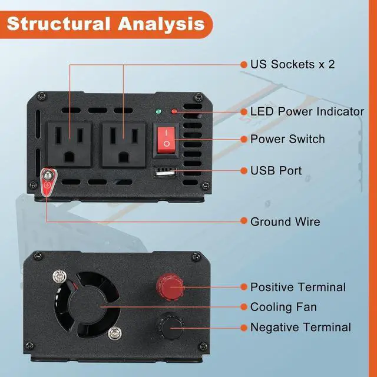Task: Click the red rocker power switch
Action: pyautogui.click(x=167, y=139)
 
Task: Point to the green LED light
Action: pyautogui.click(x=158, y=111)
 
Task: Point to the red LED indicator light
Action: pyautogui.click(x=174, y=111)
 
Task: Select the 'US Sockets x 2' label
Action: pyautogui.click(x=292, y=64)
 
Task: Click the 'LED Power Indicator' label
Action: pyautogui.click(x=307, y=111)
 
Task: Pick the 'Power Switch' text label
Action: pyautogui.click(x=287, y=139)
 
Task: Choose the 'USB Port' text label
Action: pyautogui.click(x=276, y=171)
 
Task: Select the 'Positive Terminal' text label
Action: pyautogui.click(x=297, y=287)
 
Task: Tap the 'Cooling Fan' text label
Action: pyautogui.click(x=283, y=307)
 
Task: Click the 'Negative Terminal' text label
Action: pyautogui.click(x=300, y=327)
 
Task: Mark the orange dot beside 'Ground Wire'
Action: pyautogui.click(x=243, y=221)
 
